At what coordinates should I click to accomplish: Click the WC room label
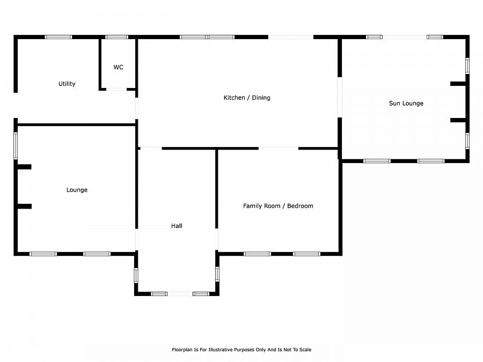coord(118,68)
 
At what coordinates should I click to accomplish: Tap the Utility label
coord(67,84)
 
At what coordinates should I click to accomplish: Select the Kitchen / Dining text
coord(247,98)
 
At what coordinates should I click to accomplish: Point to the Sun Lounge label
coord(406,104)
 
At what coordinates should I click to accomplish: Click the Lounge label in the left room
coord(77,190)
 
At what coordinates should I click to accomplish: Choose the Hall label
coord(177,226)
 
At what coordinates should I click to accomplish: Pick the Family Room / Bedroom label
coord(278,206)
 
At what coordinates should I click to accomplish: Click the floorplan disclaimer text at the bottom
coord(241,350)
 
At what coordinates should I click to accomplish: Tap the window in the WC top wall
coord(116,37)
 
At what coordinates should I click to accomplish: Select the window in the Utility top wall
coord(58,37)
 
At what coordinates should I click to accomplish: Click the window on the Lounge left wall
coord(16,146)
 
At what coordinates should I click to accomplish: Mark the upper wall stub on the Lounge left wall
coord(24,167)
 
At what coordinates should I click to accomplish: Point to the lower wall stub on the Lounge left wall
coord(24,206)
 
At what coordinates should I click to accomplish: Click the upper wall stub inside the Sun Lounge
coord(458,84)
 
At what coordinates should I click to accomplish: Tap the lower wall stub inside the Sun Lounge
coord(458,120)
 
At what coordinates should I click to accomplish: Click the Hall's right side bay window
coord(217,274)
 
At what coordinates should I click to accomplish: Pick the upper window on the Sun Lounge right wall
coord(467,65)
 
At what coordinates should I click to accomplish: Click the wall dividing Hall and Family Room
coord(217,188)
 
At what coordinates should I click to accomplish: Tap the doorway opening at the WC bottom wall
coord(116,89)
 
